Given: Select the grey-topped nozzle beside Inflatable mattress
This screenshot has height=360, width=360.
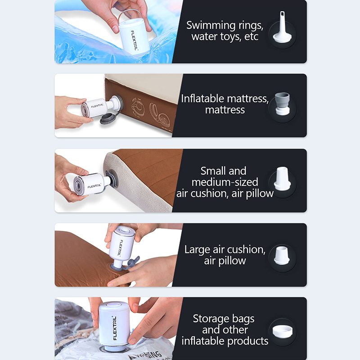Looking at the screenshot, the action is pyautogui.click(x=283, y=104).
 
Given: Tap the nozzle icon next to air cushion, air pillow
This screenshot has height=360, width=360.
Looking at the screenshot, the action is pyautogui.click(x=282, y=179).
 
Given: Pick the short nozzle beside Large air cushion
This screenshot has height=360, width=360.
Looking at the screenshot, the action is pyautogui.click(x=282, y=255).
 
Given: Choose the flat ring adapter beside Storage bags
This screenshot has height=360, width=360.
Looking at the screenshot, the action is pyautogui.click(x=283, y=332).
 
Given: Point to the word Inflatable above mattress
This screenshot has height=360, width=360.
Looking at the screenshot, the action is pyautogui.click(x=202, y=99).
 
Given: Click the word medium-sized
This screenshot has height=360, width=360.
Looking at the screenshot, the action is pyautogui.click(x=225, y=182).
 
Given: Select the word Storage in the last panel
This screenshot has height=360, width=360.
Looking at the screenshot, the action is pyautogui.click(x=211, y=319).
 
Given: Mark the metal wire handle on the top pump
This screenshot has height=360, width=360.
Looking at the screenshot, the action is pyautogui.click(x=131, y=14).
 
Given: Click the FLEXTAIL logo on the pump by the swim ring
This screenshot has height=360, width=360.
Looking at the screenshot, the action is pyautogui.click(x=134, y=40).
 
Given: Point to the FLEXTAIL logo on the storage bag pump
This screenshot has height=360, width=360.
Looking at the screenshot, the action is pyautogui.click(x=115, y=328).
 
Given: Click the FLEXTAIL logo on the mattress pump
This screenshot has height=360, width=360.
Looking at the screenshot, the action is pyautogui.click(x=97, y=106).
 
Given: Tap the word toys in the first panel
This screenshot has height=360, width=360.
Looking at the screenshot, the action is pyautogui.click(x=230, y=37).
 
